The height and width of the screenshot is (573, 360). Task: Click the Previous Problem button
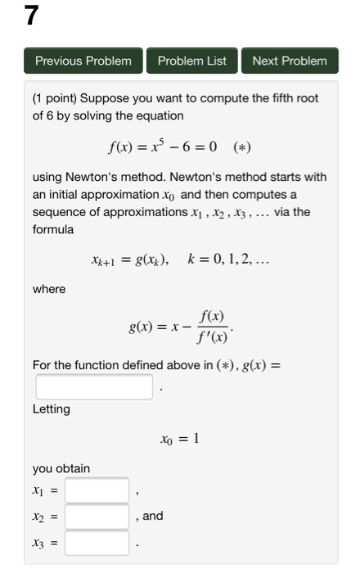click(x=83, y=61)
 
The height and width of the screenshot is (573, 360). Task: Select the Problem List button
click(x=191, y=61)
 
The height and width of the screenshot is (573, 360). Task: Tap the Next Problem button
click(x=289, y=61)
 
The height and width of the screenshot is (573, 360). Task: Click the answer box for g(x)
click(x=93, y=386)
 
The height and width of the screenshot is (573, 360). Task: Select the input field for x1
click(x=97, y=490)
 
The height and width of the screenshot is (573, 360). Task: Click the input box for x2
click(x=97, y=517)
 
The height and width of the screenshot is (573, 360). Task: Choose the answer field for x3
click(x=97, y=542)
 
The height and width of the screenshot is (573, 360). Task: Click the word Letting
click(x=51, y=408)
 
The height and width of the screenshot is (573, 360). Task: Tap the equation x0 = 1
click(x=180, y=439)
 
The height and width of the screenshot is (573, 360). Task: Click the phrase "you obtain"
click(x=61, y=468)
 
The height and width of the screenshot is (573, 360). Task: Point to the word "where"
click(x=48, y=288)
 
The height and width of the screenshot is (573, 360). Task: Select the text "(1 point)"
click(x=56, y=98)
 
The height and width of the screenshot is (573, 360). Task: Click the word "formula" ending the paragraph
click(x=52, y=229)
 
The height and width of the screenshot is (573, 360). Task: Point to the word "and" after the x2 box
click(x=153, y=516)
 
